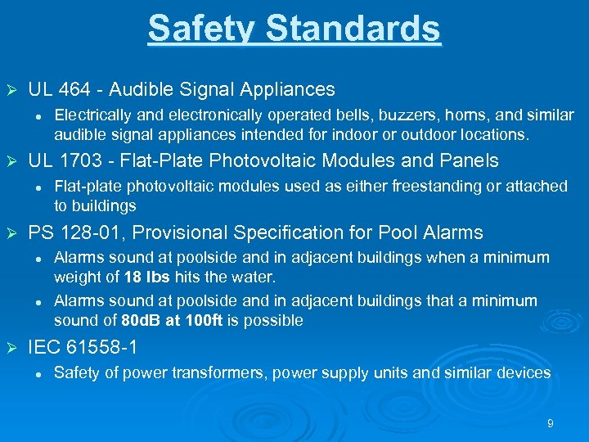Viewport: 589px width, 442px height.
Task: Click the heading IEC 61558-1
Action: click(83, 348)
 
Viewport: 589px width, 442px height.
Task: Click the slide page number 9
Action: click(550, 423)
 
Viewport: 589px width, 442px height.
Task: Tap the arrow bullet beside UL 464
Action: click(11, 90)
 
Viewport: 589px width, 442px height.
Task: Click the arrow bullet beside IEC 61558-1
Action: click(11, 349)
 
